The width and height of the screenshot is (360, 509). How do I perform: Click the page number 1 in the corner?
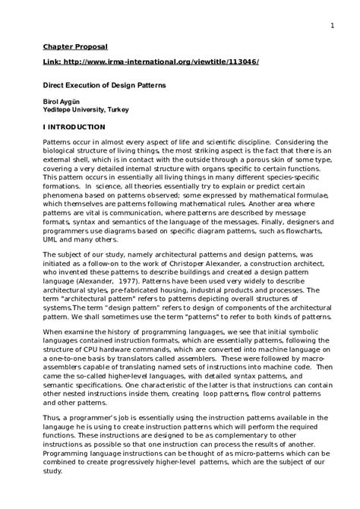(x=333, y=25)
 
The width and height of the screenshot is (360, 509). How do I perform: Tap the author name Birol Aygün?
(x=62, y=102)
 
